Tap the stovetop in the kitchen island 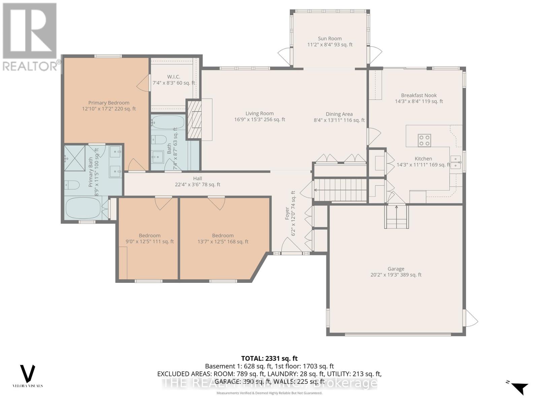[x=424, y=140]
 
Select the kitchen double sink [x=455, y=162]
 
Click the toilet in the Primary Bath [x=72, y=185]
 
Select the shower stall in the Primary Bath [x=75, y=158]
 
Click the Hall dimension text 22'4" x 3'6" [x=197, y=184]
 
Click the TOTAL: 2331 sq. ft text [x=269, y=359]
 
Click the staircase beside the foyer [x=340, y=190]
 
